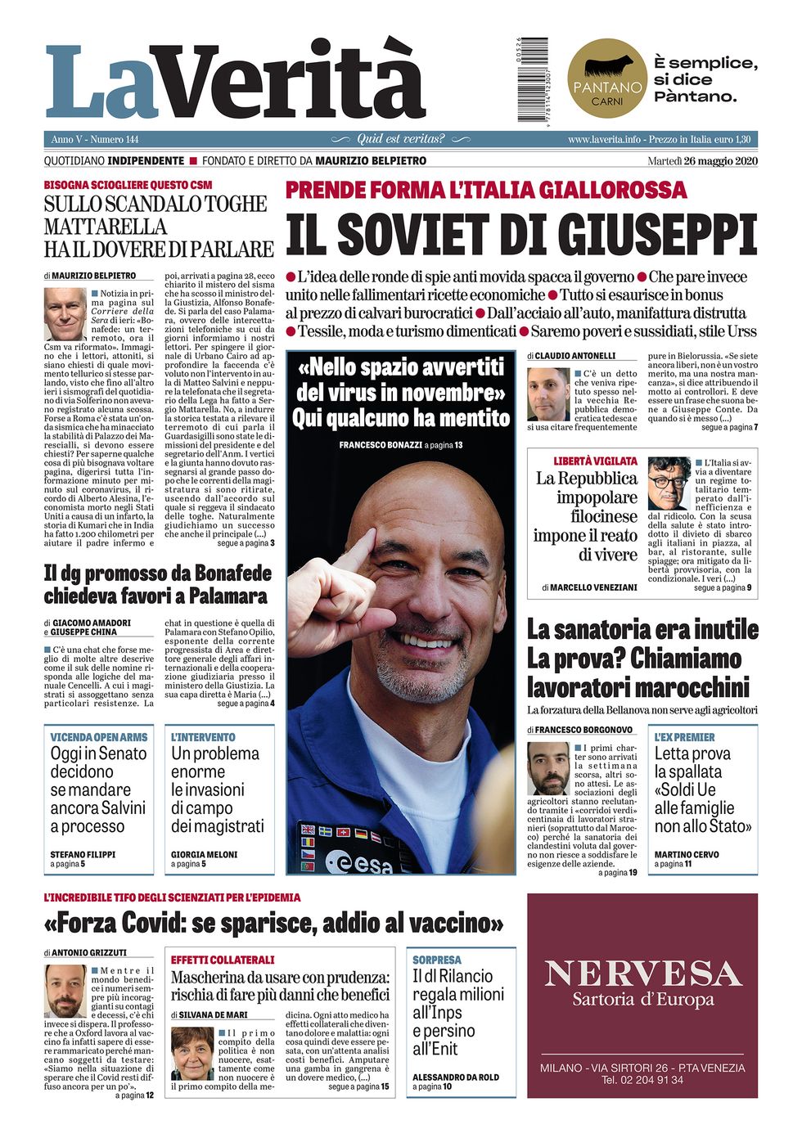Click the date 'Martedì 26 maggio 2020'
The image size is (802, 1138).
[702, 161]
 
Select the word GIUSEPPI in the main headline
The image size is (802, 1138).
[634, 236]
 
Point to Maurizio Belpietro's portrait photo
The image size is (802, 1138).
[65, 314]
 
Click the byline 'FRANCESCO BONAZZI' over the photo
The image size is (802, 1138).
[379, 445]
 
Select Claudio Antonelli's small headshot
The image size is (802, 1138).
[547, 394]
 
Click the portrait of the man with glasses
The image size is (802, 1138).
[669, 484]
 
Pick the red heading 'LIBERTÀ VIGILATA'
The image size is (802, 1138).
[595, 461]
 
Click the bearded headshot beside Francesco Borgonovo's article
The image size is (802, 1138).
[547, 769]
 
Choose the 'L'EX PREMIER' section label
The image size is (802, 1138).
[684, 737]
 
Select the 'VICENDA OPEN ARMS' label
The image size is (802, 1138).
[98, 737]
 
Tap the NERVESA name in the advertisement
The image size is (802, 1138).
[642, 974]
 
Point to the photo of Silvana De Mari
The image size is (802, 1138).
[192, 1053]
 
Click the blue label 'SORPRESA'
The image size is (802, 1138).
[436, 960]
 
